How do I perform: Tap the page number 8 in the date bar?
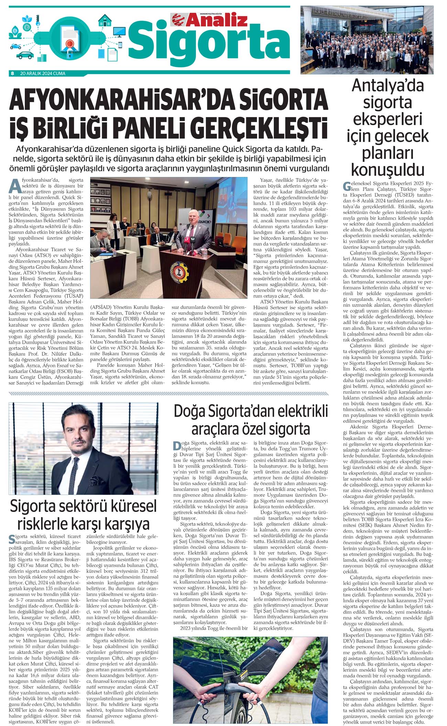pos(12,73)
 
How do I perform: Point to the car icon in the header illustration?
pos(25,55)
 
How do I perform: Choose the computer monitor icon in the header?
pos(119,32)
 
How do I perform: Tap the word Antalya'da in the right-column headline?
pos(388,86)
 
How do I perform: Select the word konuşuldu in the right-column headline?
pos(388,169)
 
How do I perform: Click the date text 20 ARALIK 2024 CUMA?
pos(43,73)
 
